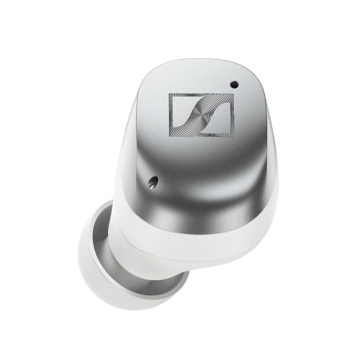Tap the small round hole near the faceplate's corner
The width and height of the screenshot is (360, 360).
click(x=234, y=84)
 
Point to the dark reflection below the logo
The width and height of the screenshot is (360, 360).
click(x=205, y=191)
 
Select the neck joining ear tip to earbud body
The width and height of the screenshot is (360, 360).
click(x=148, y=245)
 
